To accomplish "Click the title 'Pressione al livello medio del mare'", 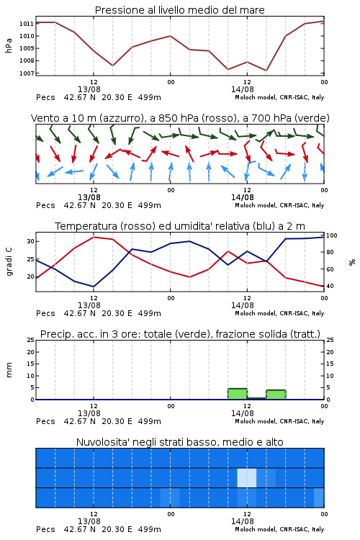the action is (179, 10).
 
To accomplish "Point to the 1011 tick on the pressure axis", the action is (26, 24).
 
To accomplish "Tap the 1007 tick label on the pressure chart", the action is (26, 73).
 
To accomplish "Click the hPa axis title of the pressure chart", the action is (9, 45).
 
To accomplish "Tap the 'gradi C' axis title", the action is (9, 262).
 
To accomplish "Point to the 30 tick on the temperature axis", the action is (30, 241).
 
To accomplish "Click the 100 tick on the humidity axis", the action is (332, 235).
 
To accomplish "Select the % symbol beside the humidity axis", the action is (352, 262).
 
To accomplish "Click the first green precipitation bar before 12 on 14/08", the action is (238, 394).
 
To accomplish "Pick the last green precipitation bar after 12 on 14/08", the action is (276, 395).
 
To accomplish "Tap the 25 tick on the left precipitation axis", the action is (30, 340).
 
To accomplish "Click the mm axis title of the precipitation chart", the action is (9, 370).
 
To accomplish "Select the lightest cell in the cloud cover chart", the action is (247, 477).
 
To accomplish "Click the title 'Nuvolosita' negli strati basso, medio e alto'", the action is (179, 442).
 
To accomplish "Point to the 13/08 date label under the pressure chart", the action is (89, 89).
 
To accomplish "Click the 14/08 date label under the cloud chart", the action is (242, 521).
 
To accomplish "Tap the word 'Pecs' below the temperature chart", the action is (45, 313).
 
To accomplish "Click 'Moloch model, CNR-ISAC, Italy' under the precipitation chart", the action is (279, 421).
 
